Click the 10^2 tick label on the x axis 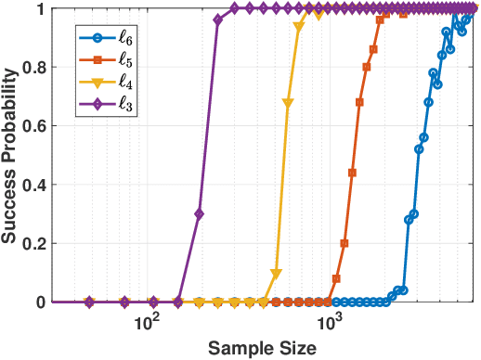146,323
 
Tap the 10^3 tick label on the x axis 330,323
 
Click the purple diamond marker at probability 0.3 199,214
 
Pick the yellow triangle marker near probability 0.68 287,103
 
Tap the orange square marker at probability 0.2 344,243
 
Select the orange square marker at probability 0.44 352,173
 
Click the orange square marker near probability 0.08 336,278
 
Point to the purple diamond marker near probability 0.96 217,20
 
